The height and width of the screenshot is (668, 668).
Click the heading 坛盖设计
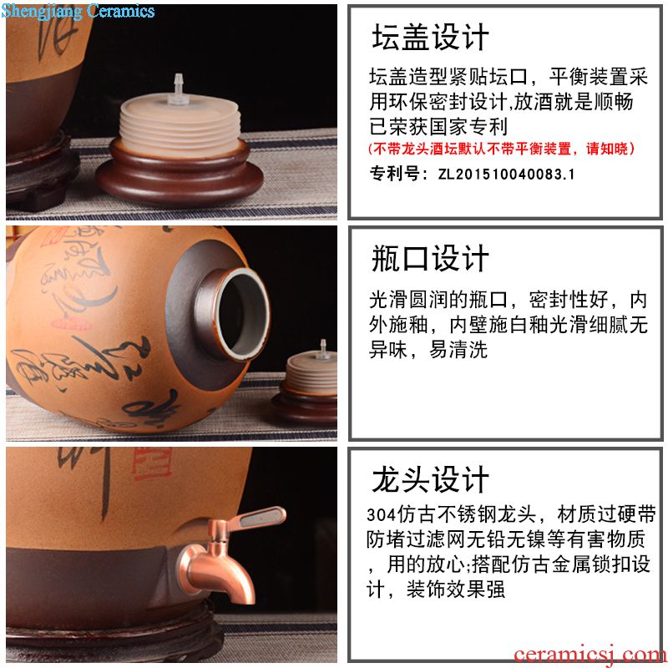pyautogui.click(x=430, y=37)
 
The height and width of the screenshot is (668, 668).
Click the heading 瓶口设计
pyautogui.click(x=430, y=258)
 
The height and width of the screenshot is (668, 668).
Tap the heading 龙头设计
pyautogui.click(x=430, y=479)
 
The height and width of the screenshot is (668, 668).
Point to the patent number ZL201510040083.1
pyautogui.click(x=507, y=175)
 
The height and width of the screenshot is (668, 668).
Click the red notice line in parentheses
pyautogui.click(x=502, y=149)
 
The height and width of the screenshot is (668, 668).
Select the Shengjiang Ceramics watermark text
pyautogui.click(x=78, y=11)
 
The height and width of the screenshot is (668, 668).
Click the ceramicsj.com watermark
pyautogui.click(x=590, y=655)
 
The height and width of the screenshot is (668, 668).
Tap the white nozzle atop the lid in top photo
pyautogui.click(x=178, y=89)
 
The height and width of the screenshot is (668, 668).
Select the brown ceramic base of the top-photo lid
pyautogui.click(x=179, y=175)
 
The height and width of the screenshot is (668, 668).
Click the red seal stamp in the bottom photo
pyautogui.click(x=152, y=463)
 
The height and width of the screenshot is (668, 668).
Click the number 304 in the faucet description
pyautogui.click(x=382, y=515)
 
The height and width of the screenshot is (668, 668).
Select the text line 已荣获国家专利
pyautogui.click(x=438, y=127)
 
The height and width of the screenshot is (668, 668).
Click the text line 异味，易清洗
pyautogui.click(x=428, y=350)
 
